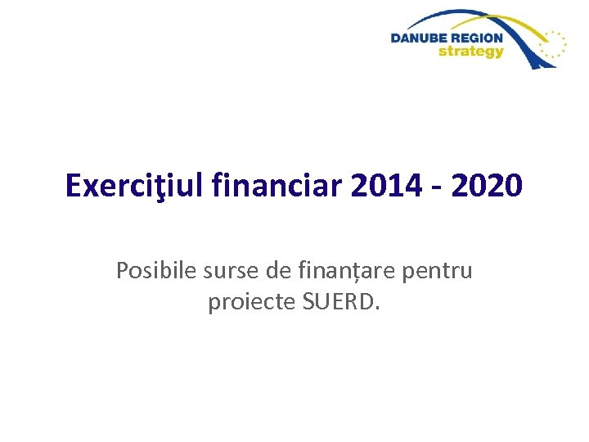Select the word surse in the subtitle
point(220,272)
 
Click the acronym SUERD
point(337,302)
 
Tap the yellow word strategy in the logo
point(471,52)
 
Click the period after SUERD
point(377,309)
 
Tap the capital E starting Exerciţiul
point(73,187)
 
